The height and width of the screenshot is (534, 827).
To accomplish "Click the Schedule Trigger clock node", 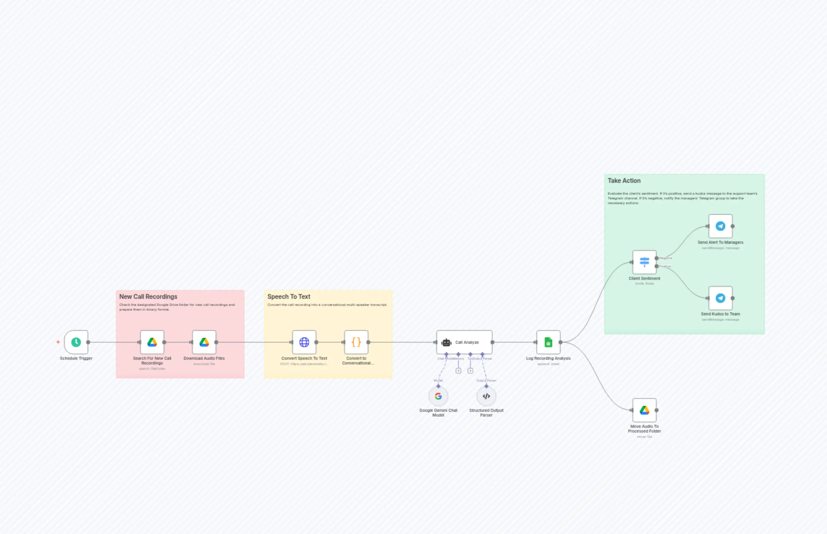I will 76,342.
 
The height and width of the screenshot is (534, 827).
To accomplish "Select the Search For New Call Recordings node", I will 152,342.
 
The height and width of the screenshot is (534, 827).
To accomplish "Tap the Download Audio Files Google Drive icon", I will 204,342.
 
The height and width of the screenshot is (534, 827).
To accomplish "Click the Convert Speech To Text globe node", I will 304,342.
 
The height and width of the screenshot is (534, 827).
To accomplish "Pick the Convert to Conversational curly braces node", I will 356,342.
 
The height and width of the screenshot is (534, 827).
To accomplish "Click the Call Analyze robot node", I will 464,342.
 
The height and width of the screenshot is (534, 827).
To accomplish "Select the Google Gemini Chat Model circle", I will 438,396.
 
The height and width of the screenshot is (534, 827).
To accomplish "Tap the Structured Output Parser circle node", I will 486,396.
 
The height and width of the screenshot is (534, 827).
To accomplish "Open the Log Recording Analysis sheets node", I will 548,342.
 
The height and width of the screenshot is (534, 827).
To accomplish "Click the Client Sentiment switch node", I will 644,262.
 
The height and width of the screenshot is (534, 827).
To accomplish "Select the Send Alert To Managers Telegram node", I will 720,226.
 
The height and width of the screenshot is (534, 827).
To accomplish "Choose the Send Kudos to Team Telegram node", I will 720,298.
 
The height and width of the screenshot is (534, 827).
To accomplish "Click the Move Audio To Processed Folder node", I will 644,410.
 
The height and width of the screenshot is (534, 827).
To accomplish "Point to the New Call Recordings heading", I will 148,297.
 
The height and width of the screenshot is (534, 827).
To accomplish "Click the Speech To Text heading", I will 289,297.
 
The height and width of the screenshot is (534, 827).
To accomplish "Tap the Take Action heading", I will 624,181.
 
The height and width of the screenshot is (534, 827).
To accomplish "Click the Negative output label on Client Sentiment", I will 665,258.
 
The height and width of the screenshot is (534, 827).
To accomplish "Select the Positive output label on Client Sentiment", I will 665,266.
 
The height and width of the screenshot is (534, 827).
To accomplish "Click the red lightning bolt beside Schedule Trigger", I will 58,342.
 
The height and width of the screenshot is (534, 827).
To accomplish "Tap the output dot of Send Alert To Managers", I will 733,226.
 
